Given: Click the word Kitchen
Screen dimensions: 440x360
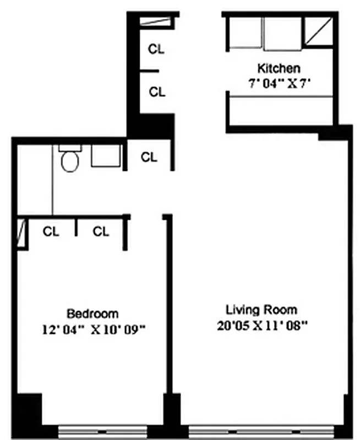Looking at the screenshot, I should pos(279,69).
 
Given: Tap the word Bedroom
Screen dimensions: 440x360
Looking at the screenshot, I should pos(92,313).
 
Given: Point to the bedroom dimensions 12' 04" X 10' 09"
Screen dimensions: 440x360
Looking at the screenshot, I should pos(92,329).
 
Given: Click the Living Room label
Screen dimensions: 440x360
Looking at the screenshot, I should pos(262,309).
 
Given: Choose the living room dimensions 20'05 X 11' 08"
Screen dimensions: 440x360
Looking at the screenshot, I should pos(262,325).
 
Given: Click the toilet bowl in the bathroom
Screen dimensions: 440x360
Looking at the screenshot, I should pos(69,162).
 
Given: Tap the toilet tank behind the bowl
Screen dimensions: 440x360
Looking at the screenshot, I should pos(69,148).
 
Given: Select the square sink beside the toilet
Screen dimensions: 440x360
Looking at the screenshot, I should pos(105,156).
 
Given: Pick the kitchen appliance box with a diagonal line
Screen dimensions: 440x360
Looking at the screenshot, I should pos(319,32).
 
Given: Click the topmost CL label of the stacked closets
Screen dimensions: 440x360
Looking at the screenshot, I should pos(156,49).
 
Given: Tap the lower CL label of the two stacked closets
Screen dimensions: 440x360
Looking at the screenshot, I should pos(157,92).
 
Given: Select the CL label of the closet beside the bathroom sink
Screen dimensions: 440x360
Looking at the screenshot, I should pos(149,157).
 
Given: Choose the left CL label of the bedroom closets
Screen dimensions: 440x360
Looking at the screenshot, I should pos(51,232).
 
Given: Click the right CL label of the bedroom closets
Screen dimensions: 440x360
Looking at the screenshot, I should pos(101,232).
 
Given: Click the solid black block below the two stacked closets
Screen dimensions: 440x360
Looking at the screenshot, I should pos(151,127).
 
